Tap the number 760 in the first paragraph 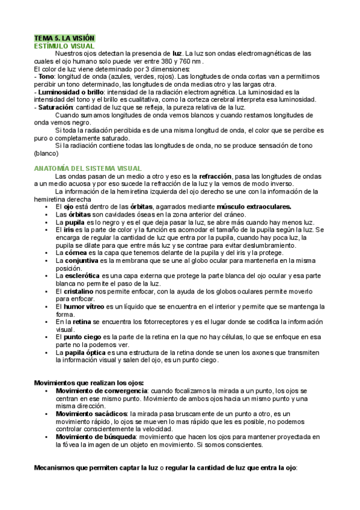192,61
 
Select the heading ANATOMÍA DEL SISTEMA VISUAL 88,168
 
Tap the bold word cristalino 79,291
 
